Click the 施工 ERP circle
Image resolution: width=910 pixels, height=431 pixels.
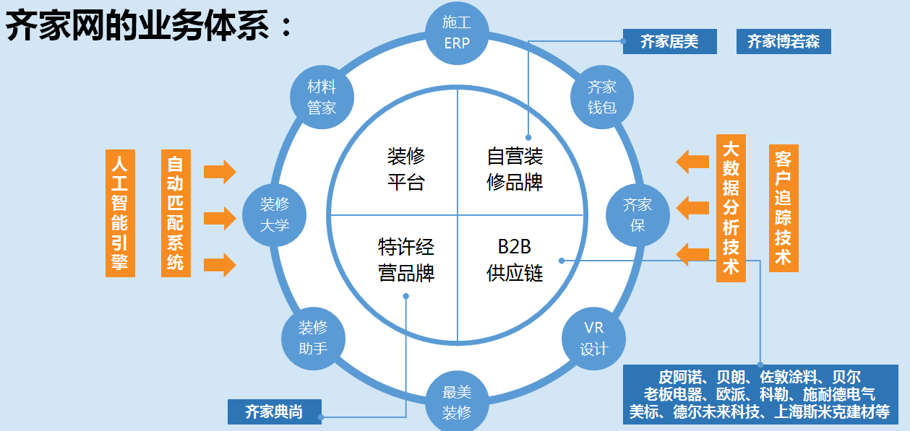tap(457, 33)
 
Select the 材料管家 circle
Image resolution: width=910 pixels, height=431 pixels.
tap(322, 97)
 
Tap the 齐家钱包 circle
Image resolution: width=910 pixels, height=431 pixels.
tap(601, 97)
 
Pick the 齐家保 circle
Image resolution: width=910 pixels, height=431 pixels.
tap(638, 214)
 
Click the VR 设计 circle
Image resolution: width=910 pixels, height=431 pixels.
tap(594, 339)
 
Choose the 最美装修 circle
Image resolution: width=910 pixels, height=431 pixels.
tap(457, 401)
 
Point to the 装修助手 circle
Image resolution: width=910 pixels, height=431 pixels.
tap(313, 338)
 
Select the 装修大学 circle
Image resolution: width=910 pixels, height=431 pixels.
tap(274, 214)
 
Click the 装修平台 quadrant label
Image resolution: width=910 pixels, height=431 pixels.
tap(405, 169)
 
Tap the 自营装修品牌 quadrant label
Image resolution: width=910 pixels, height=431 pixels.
tap(515, 169)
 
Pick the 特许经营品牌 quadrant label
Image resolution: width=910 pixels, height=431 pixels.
tap(405, 260)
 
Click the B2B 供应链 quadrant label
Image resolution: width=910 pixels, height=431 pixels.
tap(515, 260)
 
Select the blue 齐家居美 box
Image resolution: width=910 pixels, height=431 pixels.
tap(669, 42)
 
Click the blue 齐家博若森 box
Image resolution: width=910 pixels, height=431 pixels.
tap(784, 42)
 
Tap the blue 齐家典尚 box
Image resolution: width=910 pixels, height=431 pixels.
tap(274, 412)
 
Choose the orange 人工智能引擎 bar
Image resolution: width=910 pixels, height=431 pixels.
tap(120, 212)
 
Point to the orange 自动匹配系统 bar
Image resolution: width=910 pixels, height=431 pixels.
tap(176, 212)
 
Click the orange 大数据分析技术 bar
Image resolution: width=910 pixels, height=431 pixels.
tap(731, 208)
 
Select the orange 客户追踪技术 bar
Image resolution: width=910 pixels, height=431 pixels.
tap(784, 208)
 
